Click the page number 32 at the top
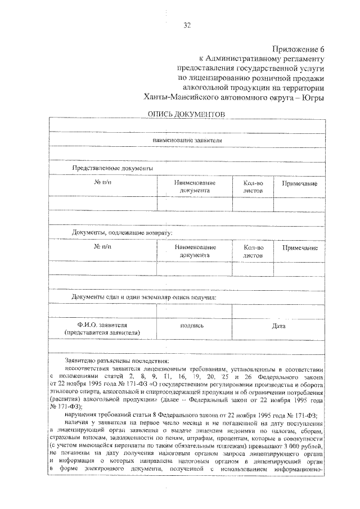[187, 25]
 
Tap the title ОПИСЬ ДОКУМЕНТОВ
[186, 114]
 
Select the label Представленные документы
[112, 168]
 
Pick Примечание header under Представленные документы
[299, 184]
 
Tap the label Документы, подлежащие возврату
[122, 232]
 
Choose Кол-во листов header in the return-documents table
[253, 251]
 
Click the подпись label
[192, 326]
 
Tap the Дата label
[278, 326]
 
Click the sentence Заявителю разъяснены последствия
[116, 361]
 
